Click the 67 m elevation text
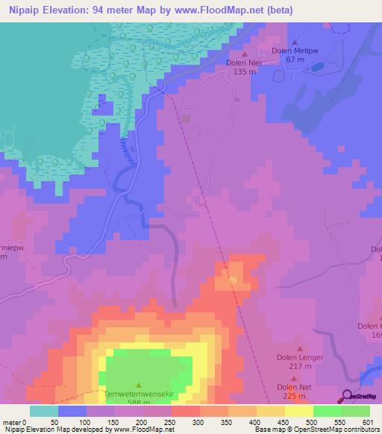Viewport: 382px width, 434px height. pos(295,60)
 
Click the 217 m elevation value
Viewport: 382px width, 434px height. pos(300,366)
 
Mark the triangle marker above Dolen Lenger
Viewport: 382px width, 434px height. pos(301,348)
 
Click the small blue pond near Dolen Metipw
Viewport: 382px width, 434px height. pos(318,67)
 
